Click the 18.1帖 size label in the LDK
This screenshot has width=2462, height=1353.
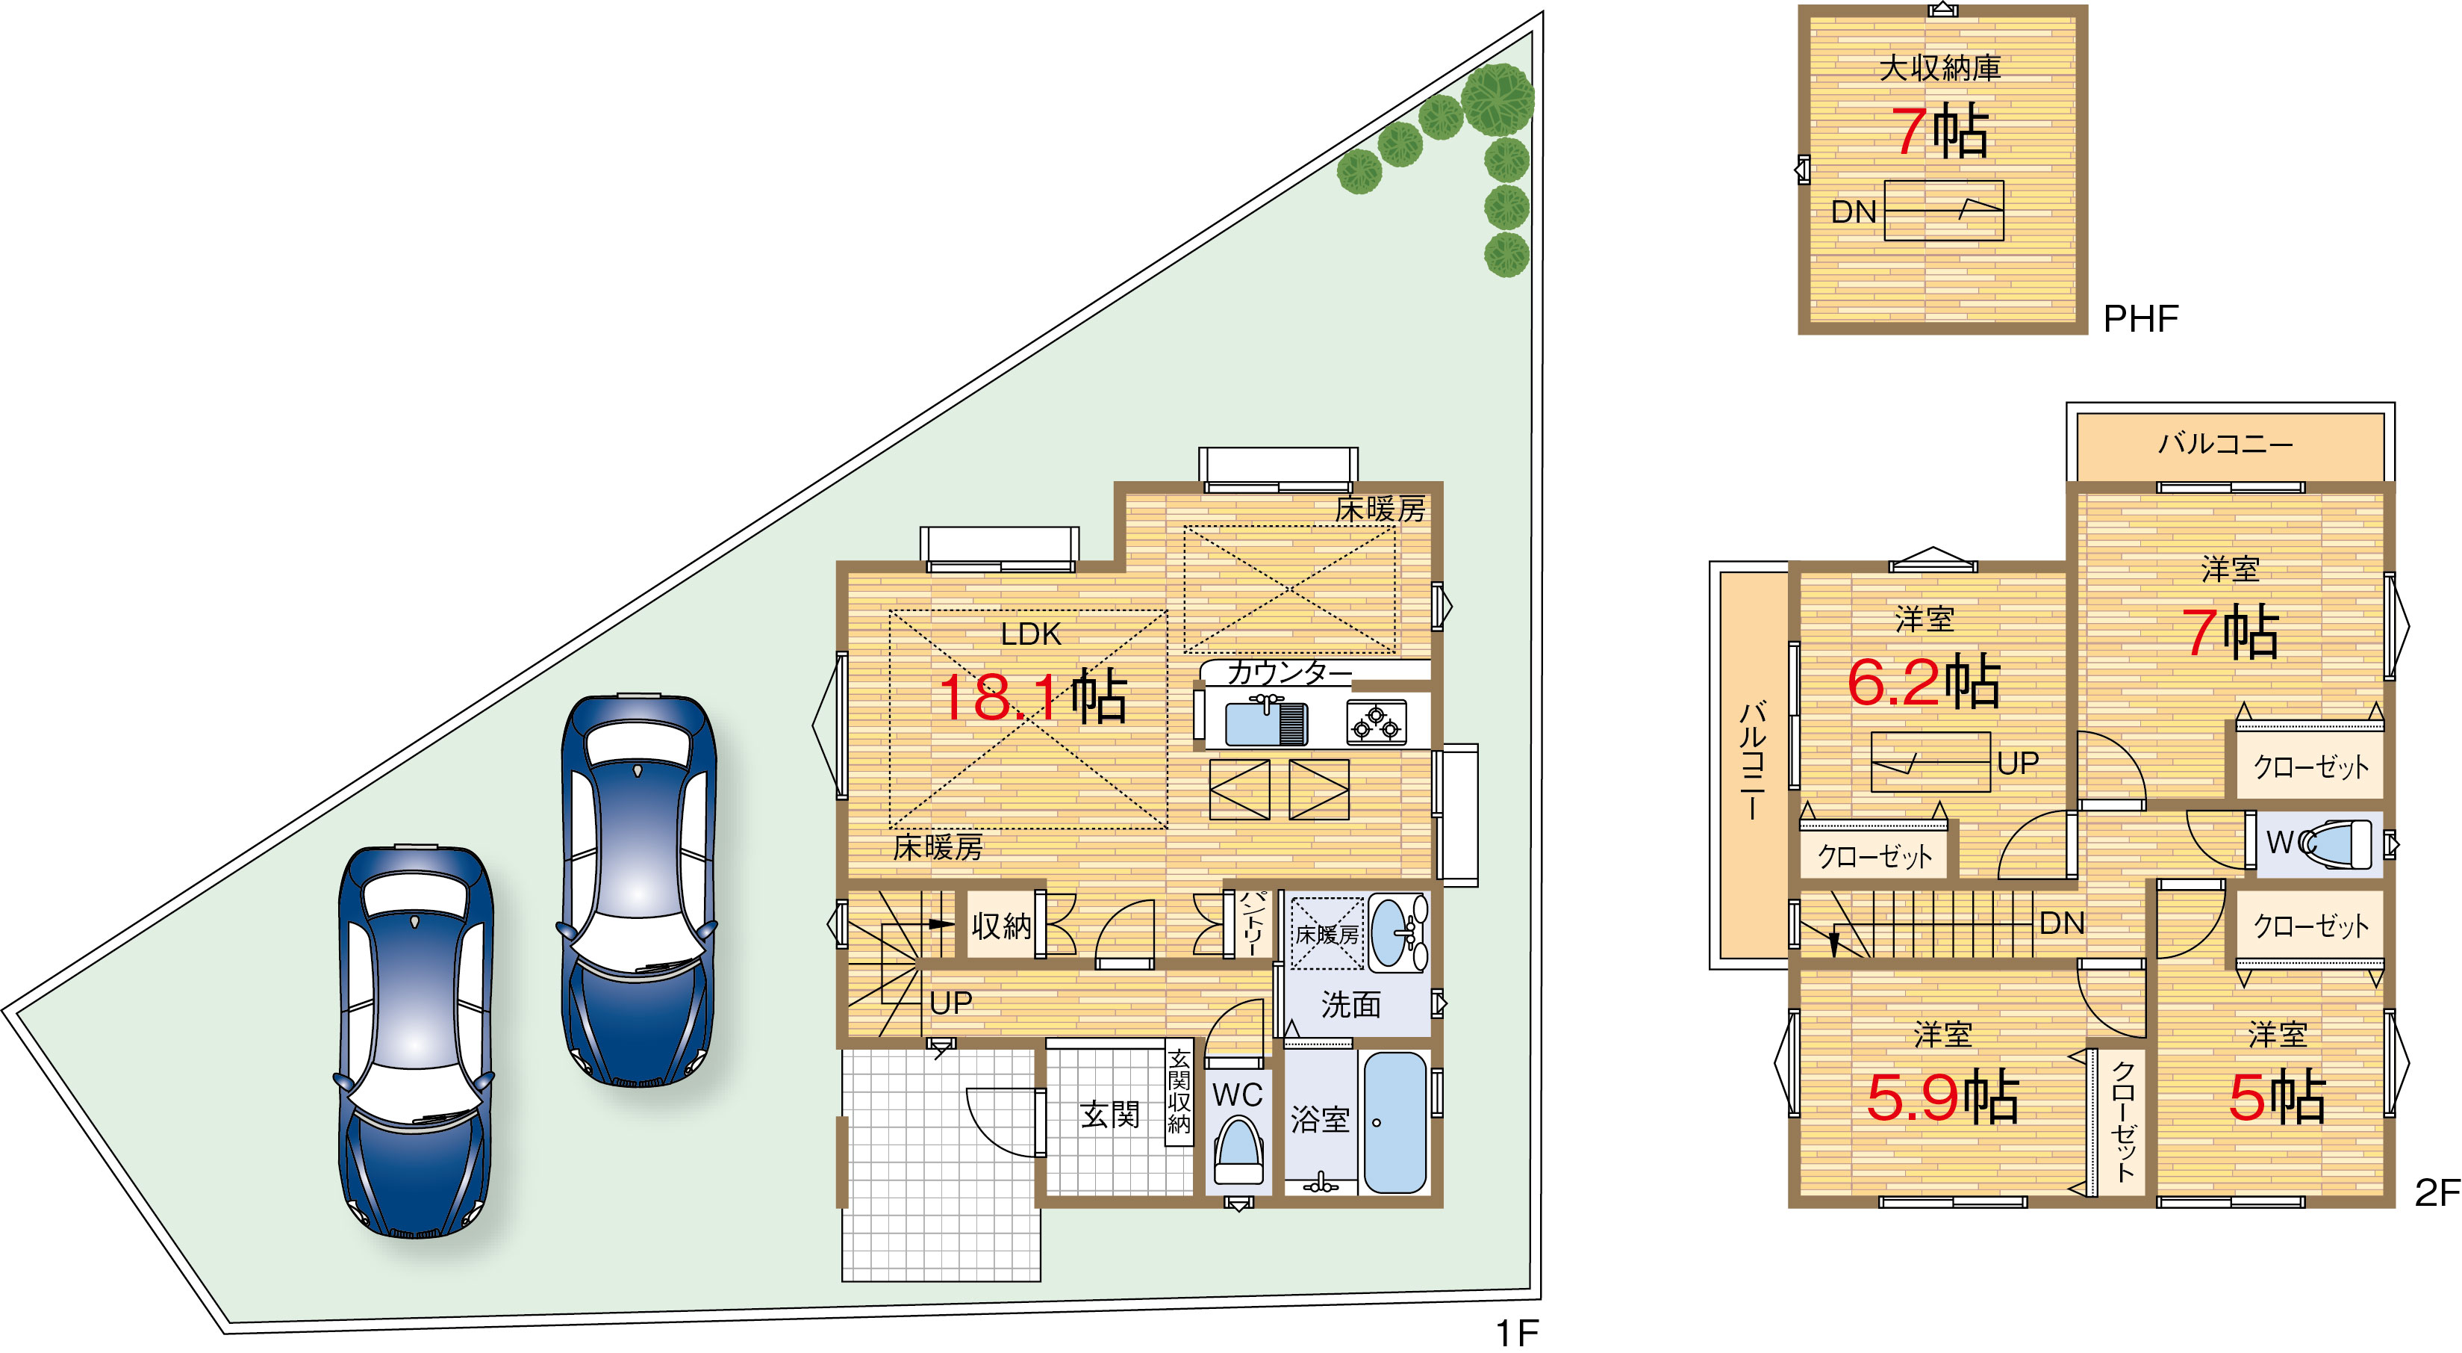pyautogui.click(x=1033, y=696)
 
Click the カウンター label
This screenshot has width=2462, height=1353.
pyautogui.click(x=1289, y=672)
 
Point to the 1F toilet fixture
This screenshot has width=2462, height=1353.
pyautogui.click(x=1238, y=1154)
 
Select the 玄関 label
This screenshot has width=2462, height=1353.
pyautogui.click(x=1109, y=1114)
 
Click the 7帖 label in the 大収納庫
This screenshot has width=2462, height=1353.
pyautogui.click(x=1940, y=131)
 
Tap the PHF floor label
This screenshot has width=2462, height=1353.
pyautogui.click(x=2141, y=318)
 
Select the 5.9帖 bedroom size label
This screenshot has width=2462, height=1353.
pyautogui.click(x=1943, y=1097)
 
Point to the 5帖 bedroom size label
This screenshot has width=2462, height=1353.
pyautogui.click(x=2278, y=1097)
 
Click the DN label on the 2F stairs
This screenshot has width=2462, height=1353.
pyautogui.click(x=2062, y=923)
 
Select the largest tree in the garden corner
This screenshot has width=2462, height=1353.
pyautogui.click(x=1498, y=99)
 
